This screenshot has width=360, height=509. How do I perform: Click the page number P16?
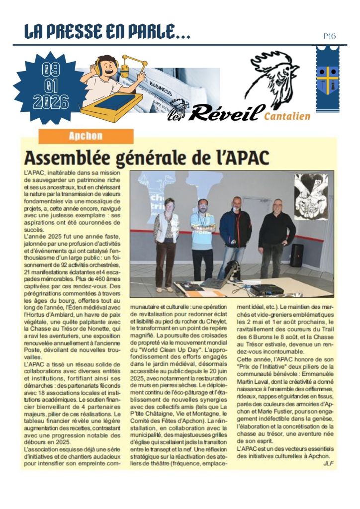coord(329,36)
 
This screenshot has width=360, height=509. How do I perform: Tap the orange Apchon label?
coord(86,136)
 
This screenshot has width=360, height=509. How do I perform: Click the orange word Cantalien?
coord(287,116)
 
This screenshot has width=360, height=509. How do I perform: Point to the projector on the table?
coord(266,289)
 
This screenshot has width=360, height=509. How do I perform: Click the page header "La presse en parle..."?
coord(107,32)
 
